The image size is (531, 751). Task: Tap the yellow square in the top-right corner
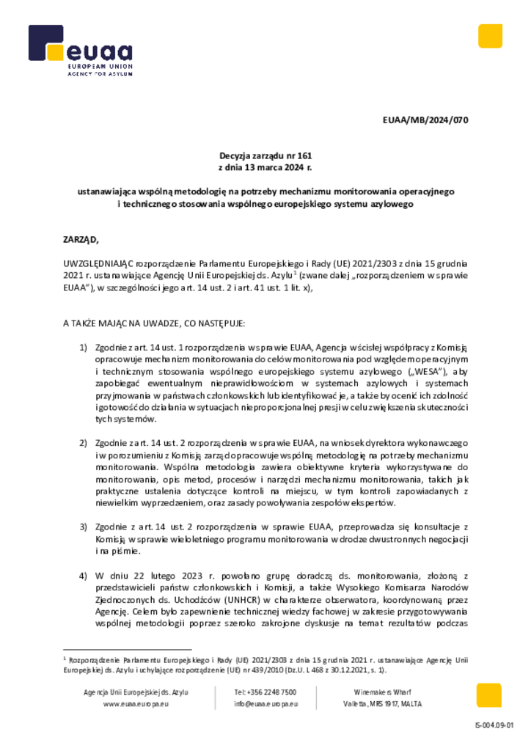(x=489, y=36)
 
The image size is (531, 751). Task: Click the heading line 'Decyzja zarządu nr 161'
(x=265, y=155)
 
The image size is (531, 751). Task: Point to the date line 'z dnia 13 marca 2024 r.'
(x=265, y=167)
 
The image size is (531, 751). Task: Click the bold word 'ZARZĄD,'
(x=80, y=239)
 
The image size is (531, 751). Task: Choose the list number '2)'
(x=84, y=443)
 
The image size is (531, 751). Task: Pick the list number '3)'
(x=84, y=527)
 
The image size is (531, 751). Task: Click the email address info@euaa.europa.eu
(x=265, y=704)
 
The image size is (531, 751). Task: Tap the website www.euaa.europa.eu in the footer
(x=136, y=704)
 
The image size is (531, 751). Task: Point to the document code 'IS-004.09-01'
(x=494, y=725)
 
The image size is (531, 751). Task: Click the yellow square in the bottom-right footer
(x=489, y=695)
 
